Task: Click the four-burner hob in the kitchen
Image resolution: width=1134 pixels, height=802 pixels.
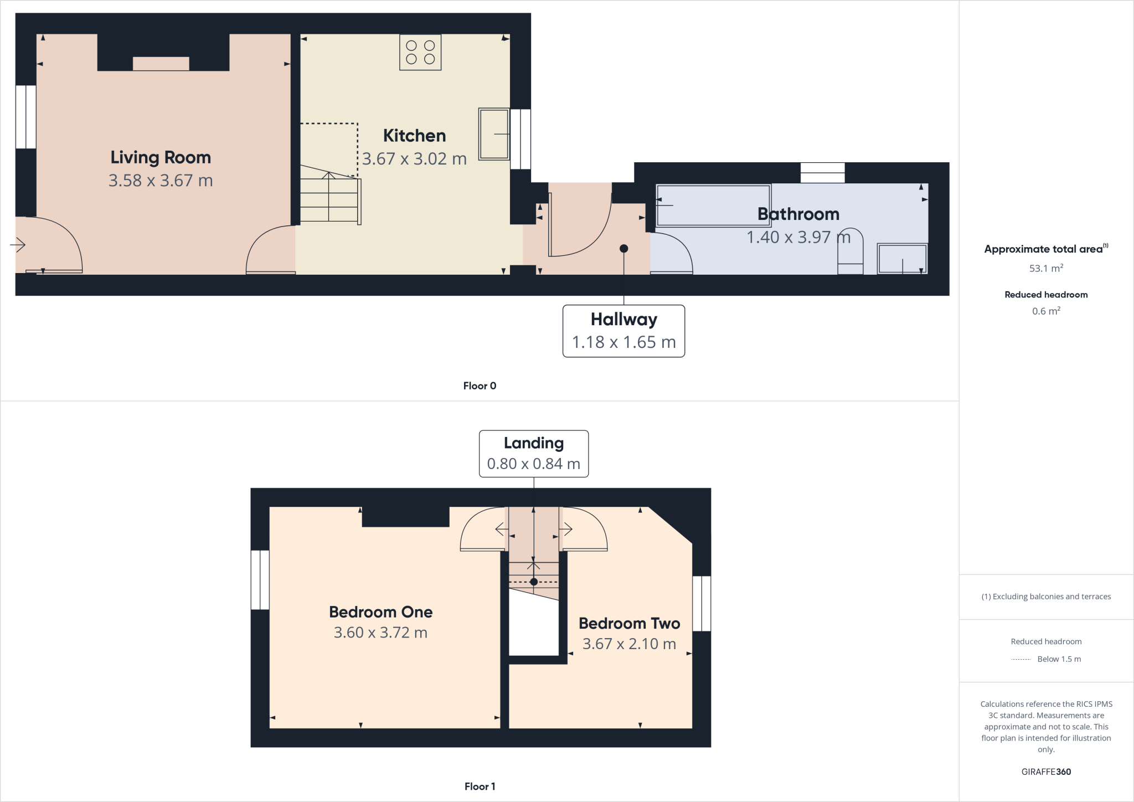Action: click(420, 53)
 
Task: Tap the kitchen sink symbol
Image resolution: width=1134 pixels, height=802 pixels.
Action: click(493, 134)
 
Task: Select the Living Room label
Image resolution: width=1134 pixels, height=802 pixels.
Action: click(161, 157)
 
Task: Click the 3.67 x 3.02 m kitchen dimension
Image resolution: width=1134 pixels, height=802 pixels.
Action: click(414, 159)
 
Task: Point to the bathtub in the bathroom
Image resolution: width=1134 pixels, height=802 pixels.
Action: click(713, 205)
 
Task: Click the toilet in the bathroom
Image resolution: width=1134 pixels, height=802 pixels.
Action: click(850, 252)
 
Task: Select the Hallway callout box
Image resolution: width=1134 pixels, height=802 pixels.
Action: click(623, 331)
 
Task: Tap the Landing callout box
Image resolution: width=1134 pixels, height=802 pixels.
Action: click(533, 453)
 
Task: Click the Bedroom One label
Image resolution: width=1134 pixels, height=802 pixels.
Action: click(380, 612)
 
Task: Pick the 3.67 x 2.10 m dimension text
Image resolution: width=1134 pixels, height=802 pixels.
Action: click(629, 644)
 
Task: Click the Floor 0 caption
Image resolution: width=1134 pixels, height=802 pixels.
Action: click(480, 386)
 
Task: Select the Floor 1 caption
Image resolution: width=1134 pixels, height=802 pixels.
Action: click(480, 786)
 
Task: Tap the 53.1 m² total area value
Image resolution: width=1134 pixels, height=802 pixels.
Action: click(1046, 269)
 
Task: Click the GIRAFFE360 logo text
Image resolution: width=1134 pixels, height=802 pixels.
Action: click(1046, 772)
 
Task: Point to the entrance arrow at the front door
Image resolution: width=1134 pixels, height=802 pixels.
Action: click(18, 244)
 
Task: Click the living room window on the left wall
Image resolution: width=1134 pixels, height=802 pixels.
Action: click(25, 117)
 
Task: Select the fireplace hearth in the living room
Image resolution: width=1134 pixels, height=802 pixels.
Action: click(161, 64)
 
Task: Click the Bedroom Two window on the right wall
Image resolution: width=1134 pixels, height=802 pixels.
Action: click(702, 603)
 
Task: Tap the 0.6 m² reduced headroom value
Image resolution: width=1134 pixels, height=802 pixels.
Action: click(1046, 311)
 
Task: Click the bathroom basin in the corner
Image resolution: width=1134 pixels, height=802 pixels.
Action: click(902, 259)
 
